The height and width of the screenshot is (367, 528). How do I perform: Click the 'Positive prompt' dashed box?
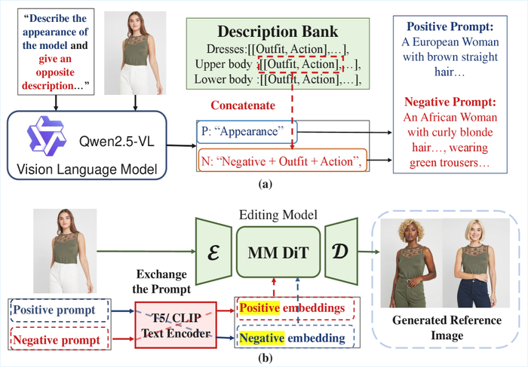point(60,310)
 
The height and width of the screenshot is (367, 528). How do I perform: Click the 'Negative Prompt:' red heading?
point(450,101)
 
